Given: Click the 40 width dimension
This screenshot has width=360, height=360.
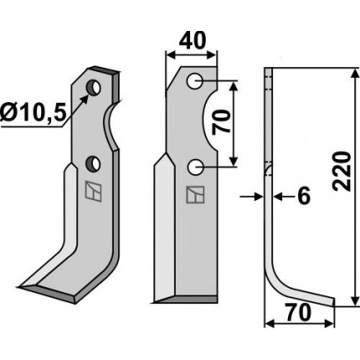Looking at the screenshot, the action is [193, 40].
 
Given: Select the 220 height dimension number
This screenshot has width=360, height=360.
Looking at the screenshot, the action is [342, 172].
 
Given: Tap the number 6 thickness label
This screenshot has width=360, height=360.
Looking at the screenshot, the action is [304, 196].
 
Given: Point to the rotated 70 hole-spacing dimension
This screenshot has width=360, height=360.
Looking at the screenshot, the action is [221, 121].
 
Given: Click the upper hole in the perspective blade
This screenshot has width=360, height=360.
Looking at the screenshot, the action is [94, 87].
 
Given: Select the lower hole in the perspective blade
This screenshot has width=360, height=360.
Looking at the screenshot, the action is [93, 164].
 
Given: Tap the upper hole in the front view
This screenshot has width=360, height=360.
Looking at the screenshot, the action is [195, 81].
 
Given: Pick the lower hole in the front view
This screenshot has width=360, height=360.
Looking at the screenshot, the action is [195, 167].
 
